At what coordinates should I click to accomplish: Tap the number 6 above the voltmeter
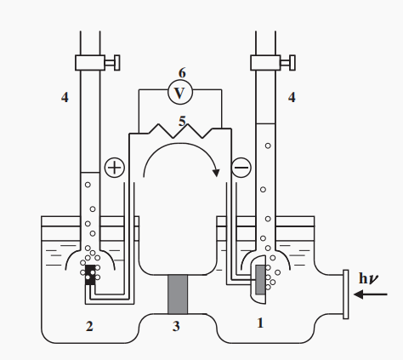182,73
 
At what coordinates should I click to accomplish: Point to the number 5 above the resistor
182,122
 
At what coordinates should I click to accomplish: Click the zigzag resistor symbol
180,131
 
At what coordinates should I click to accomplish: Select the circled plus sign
115,168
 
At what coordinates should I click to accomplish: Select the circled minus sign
241,168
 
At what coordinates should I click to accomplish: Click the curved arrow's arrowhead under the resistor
216,173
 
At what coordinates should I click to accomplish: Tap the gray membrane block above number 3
178,294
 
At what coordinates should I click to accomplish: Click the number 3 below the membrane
176,326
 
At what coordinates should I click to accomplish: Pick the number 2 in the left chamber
89,326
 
